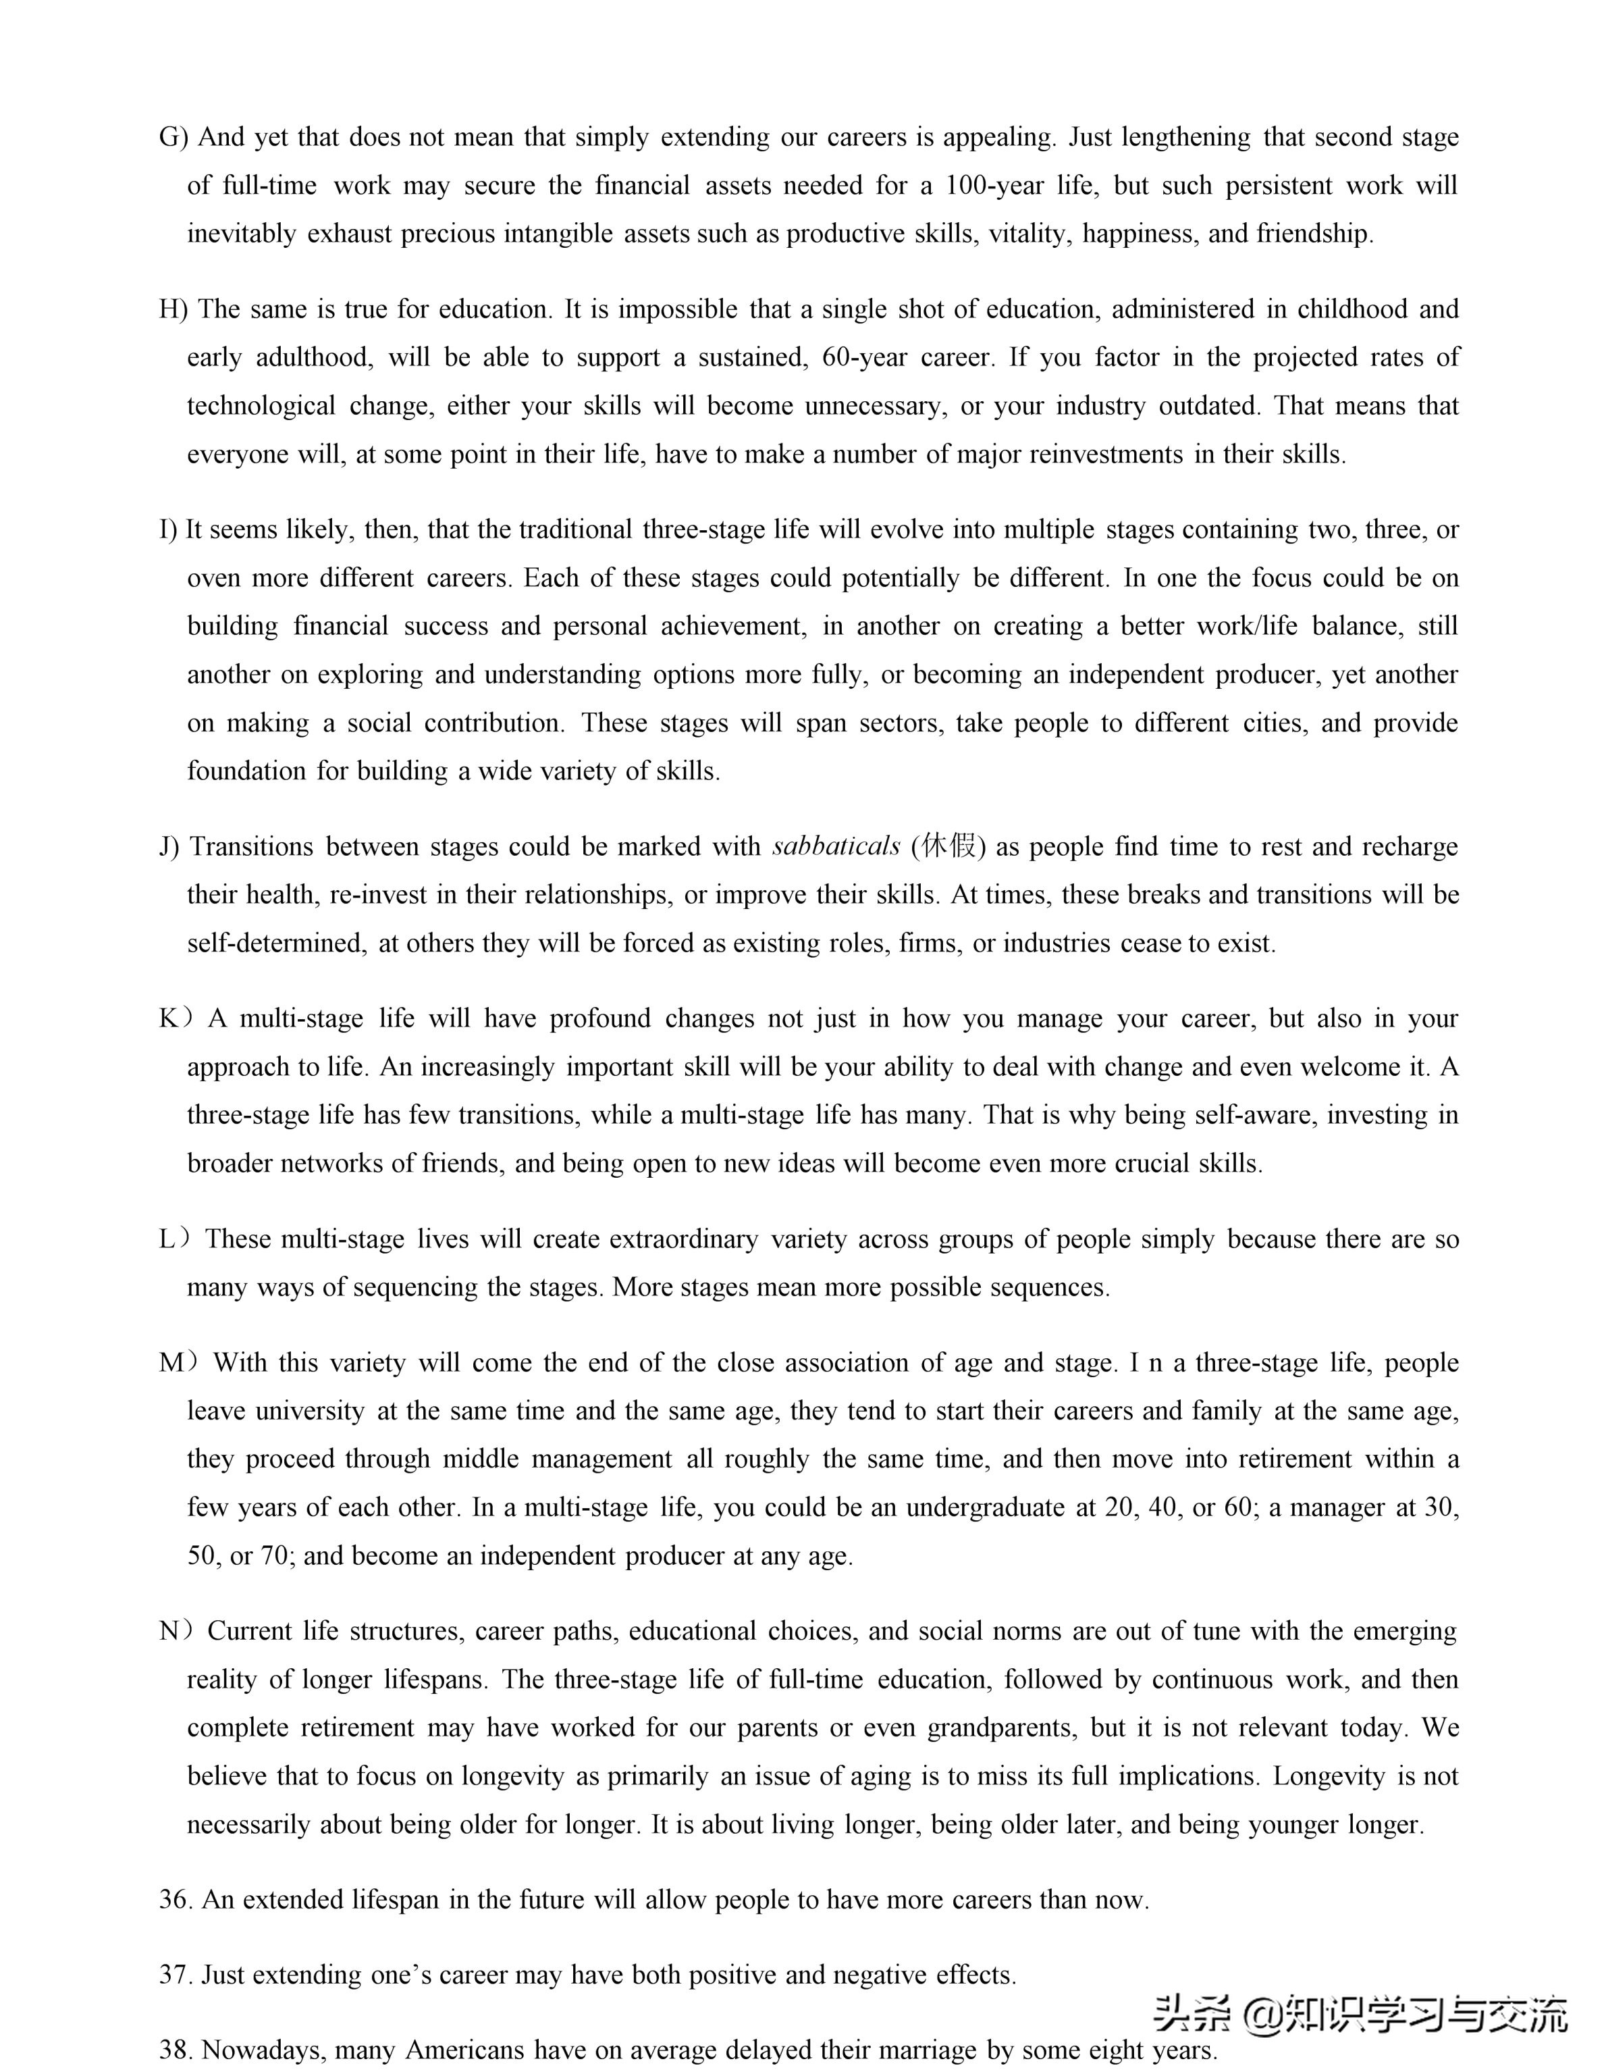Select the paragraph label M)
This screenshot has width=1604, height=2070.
click(179, 1363)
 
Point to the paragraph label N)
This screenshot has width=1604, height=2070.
click(176, 1631)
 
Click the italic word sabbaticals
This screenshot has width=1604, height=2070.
click(836, 846)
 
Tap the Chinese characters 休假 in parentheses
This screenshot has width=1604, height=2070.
click(948, 846)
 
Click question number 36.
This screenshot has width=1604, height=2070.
click(176, 1899)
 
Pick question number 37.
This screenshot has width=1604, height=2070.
click(176, 1975)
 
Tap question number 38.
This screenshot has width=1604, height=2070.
click(176, 2051)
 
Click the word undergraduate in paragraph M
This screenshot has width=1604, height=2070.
click(986, 1507)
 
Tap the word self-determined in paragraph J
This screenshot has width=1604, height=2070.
click(275, 943)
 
